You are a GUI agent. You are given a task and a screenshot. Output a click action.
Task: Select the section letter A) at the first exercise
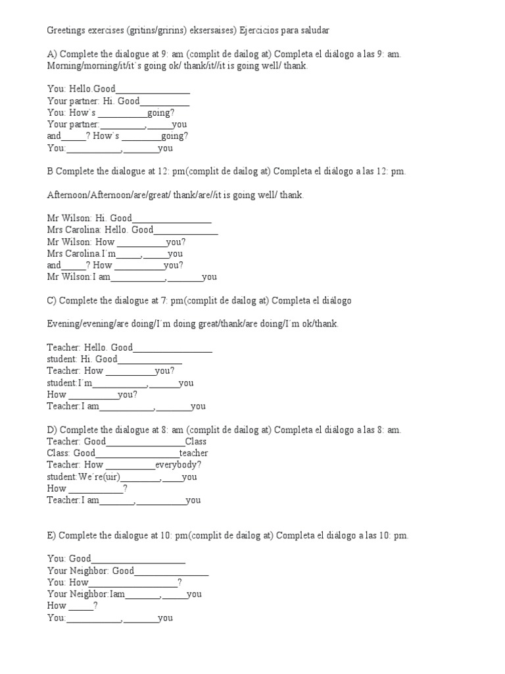tap(51, 55)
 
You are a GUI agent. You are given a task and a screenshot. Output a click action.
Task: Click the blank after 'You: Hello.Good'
tap(153, 90)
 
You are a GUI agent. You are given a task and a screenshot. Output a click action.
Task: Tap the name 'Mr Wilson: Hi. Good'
tap(89, 219)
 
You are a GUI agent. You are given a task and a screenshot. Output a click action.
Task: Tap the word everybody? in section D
tap(178, 465)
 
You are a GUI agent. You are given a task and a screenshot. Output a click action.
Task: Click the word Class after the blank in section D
tap(196, 442)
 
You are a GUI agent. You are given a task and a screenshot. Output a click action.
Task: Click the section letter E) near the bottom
tap(52, 535)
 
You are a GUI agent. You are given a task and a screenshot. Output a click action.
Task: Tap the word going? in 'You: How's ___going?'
tap(161, 113)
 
